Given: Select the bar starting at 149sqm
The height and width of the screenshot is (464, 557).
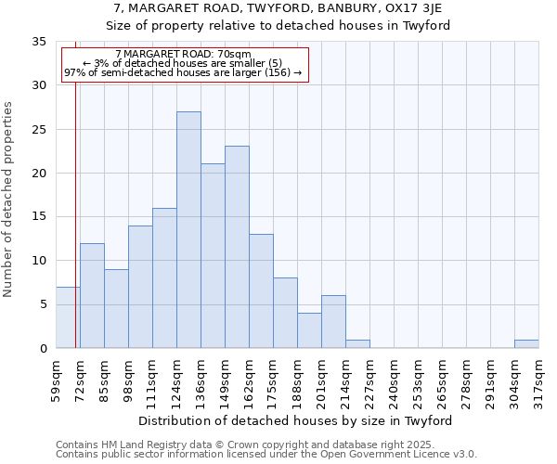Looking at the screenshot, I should pyautogui.click(x=237, y=247).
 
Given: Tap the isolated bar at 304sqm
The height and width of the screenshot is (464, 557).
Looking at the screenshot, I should pyautogui.click(x=526, y=343).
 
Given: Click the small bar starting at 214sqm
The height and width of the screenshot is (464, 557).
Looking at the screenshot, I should pyautogui.click(x=357, y=343).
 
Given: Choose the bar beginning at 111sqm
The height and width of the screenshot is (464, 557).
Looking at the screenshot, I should pyautogui.click(x=164, y=278).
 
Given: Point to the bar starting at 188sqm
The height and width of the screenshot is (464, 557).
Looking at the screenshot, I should pyautogui.click(x=309, y=330).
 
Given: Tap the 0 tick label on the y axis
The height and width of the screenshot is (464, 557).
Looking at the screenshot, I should pyautogui.click(x=43, y=349).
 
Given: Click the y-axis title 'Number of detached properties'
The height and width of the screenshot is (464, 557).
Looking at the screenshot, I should pyautogui.click(x=9, y=200).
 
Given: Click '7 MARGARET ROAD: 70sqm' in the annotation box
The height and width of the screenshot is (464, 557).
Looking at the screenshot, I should pyautogui.click(x=183, y=55).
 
